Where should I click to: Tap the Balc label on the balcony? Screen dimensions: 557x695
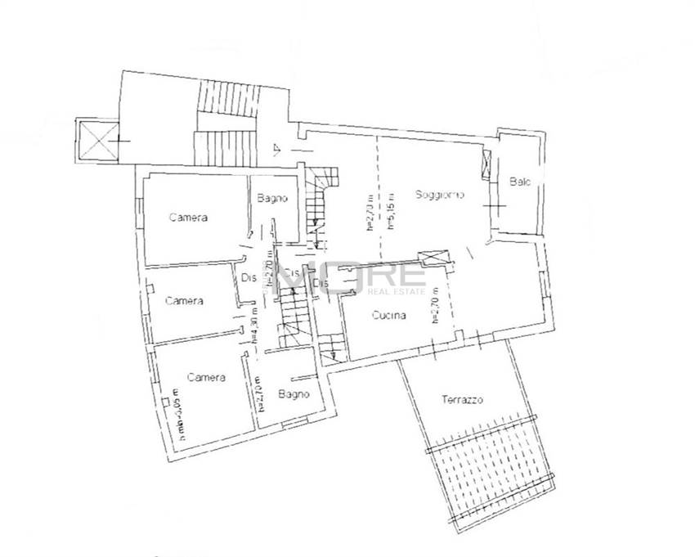(x=520, y=182)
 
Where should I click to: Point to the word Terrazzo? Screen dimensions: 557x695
(x=463, y=400)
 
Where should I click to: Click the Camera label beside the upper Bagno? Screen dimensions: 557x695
(x=188, y=218)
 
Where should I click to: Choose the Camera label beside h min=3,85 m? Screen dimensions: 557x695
(x=206, y=377)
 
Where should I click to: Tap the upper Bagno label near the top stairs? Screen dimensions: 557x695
(x=270, y=198)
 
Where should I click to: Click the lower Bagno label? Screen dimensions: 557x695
(x=293, y=394)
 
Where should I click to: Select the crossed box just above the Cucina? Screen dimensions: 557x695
(x=432, y=257)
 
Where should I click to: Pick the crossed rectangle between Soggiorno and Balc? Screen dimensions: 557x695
(x=489, y=166)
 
